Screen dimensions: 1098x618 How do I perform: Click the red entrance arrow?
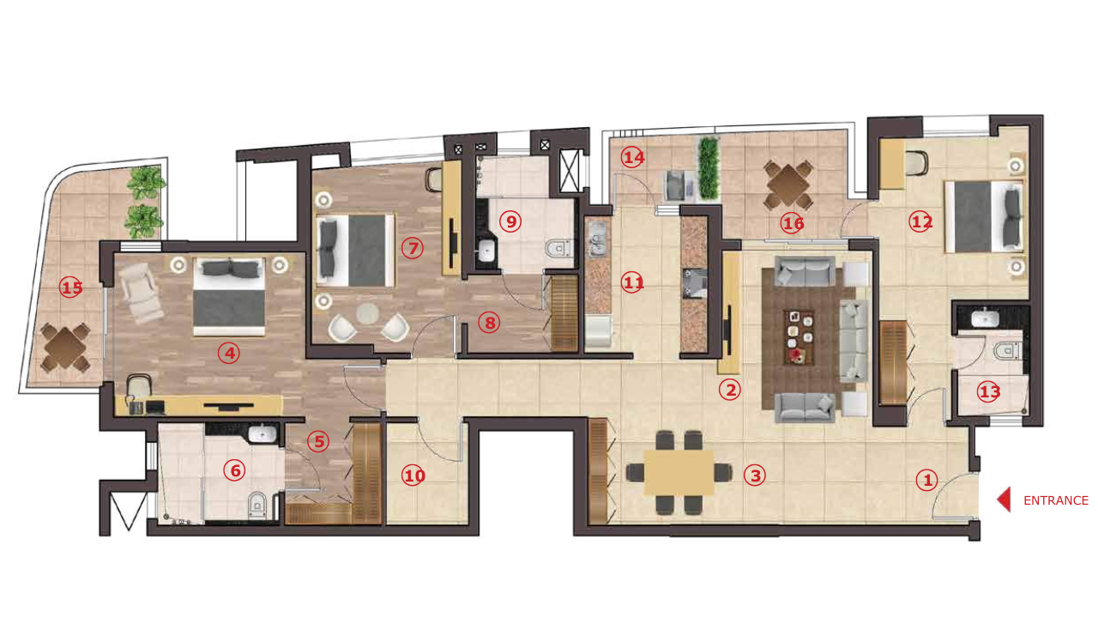[1004, 500]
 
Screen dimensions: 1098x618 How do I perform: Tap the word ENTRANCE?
[1056, 500]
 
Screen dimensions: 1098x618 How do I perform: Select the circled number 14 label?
[632, 158]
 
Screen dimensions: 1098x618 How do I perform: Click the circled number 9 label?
[510, 221]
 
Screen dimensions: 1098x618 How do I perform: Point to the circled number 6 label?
[235, 471]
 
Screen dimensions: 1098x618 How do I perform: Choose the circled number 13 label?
[989, 392]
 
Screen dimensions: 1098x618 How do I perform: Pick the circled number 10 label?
[413, 476]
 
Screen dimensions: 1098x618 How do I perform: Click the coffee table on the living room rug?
[799, 337]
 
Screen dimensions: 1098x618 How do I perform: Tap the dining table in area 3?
[679, 473]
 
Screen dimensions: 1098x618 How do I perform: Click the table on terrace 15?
[65, 348]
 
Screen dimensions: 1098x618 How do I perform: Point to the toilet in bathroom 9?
[558, 248]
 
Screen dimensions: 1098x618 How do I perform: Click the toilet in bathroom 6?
[257, 506]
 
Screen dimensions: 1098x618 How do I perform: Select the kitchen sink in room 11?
[597, 239]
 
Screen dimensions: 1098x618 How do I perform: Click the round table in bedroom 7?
[367, 313]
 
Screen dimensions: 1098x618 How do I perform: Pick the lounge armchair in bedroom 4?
[141, 294]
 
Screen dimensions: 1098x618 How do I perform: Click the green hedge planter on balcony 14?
[709, 168]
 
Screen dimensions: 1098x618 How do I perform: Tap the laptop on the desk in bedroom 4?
[155, 407]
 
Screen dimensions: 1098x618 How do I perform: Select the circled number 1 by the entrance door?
[927, 480]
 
